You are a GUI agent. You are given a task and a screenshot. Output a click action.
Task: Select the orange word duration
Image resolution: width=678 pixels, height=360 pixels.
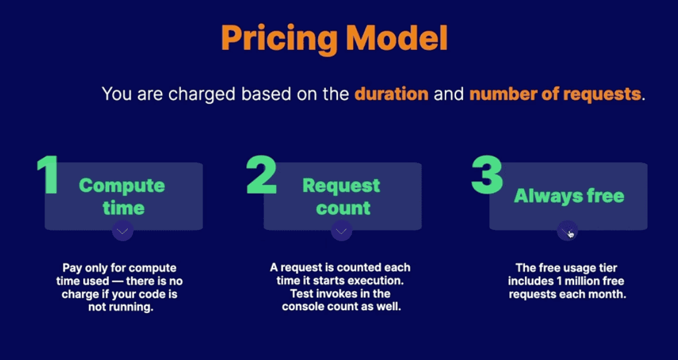pyautogui.click(x=391, y=94)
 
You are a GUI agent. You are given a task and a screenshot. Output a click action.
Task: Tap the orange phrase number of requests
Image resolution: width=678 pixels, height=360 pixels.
pyautogui.click(x=555, y=94)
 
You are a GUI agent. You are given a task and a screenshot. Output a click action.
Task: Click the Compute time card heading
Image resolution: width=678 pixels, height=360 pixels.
pyautogui.click(x=122, y=196)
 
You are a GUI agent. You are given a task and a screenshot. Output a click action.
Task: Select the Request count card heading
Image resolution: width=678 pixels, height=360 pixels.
pyautogui.click(x=342, y=196)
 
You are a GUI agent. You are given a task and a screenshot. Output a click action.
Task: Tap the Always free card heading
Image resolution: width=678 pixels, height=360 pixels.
pyautogui.click(x=569, y=195)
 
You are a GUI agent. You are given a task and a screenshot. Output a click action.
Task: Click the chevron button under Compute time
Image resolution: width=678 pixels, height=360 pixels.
pyautogui.click(x=122, y=230)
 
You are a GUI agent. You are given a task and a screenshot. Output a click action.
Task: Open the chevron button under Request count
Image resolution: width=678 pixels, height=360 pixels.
pyautogui.click(x=341, y=230)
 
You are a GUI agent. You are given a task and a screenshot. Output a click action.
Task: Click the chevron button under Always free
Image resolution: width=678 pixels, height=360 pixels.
pyautogui.click(x=567, y=230)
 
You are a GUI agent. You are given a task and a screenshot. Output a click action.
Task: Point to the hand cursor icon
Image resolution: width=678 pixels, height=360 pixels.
pyautogui.click(x=571, y=233)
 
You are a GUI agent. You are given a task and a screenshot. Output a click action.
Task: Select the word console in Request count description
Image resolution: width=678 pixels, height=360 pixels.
pyautogui.click(x=306, y=307)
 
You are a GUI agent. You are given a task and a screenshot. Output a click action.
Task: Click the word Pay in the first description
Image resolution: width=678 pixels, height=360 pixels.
pyautogui.click(x=72, y=268)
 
